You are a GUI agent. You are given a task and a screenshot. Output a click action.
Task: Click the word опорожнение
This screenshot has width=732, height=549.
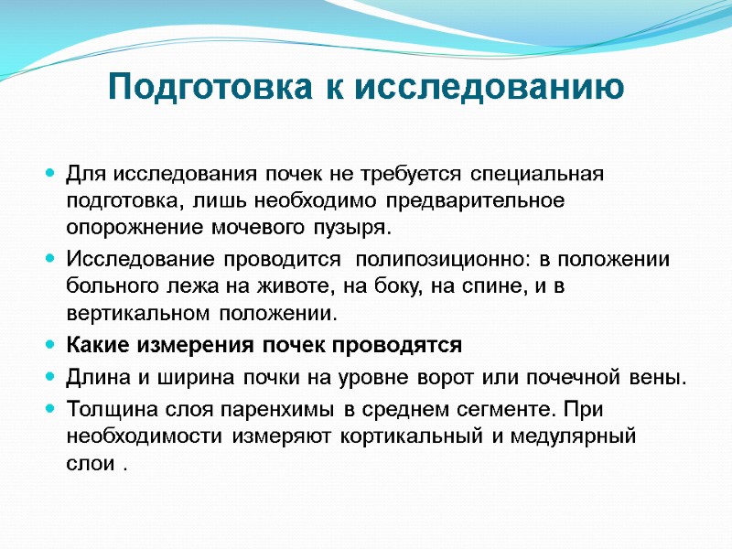pos(124,225)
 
